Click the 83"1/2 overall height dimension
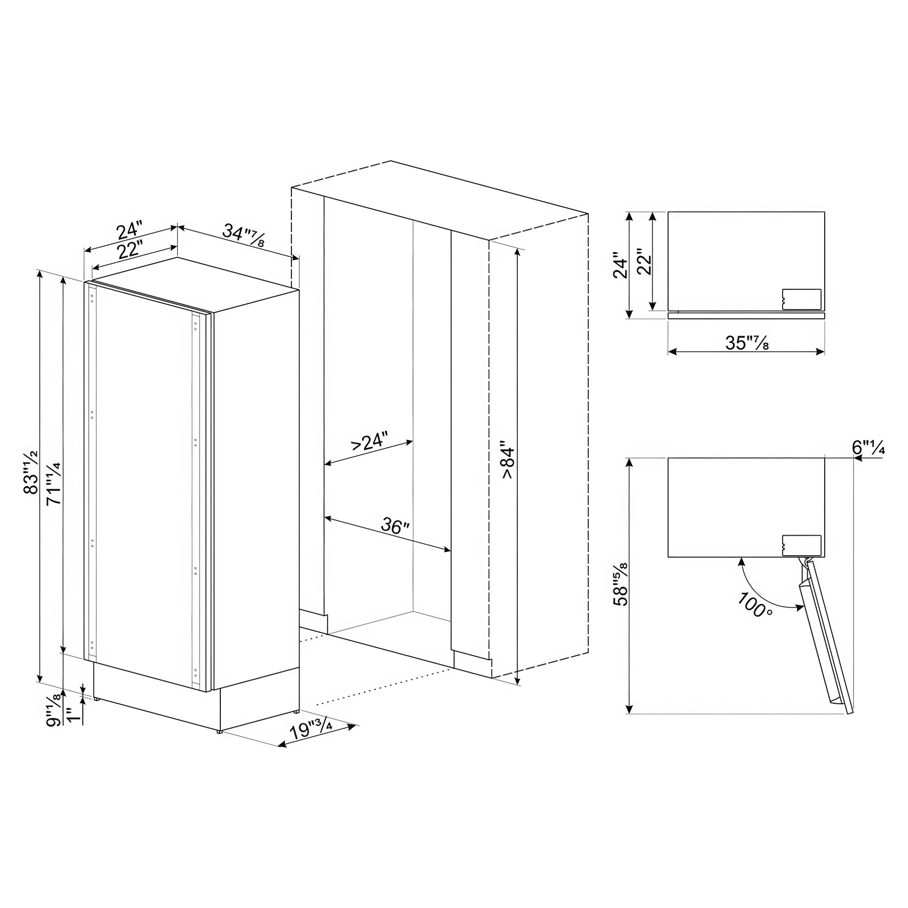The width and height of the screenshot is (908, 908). pyautogui.click(x=31, y=472)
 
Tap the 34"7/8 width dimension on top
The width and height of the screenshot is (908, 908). pyautogui.click(x=244, y=235)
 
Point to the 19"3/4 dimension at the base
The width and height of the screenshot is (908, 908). pyautogui.click(x=312, y=730)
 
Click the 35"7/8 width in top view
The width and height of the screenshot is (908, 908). pyautogui.click(x=747, y=343)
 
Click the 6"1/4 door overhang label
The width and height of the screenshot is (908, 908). pyautogui.click(x=868, y=447)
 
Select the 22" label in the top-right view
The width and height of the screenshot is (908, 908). pyautogui.click(x=644, y=262)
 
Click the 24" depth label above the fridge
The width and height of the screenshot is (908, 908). pyautogui.click(x=129, y=230)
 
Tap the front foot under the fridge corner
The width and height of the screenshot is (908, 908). pyautogui.click(x=219, y=732)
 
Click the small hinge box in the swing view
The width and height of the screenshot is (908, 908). pyautogui.click(x=802, y=545)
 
